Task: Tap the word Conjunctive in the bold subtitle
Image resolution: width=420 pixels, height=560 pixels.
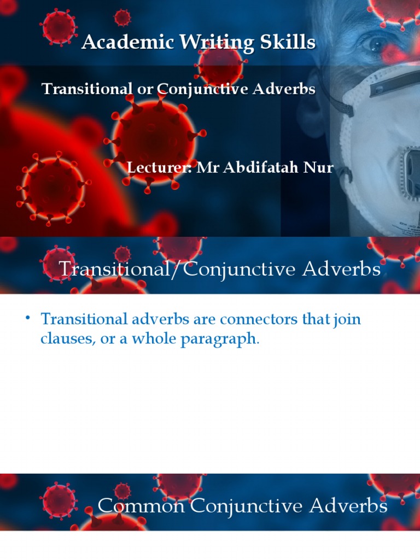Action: click(207, 89)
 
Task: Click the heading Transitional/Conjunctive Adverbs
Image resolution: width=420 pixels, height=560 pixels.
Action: click(219, 269)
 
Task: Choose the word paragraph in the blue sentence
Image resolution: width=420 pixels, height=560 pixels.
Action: click(218, 339)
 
